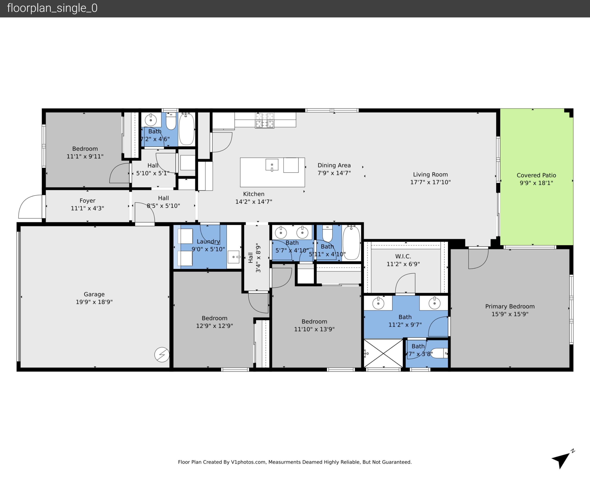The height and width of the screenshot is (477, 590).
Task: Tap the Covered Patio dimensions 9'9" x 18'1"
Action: [x=536, y=183]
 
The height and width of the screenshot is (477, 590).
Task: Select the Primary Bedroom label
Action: [x=510, y=306]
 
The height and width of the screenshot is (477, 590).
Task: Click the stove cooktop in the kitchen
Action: [x=265, y=120]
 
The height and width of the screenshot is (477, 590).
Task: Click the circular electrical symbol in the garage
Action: [x=162, y=354]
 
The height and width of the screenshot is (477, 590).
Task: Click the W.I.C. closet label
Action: [x=403, y=256]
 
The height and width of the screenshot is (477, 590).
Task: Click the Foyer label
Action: [x=87, y=201]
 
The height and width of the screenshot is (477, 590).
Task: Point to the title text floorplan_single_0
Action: [x=52, y=8]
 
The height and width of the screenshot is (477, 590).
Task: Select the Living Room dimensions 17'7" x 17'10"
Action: [x=430, y=182]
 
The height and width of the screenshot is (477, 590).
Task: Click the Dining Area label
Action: [x=334, y=165]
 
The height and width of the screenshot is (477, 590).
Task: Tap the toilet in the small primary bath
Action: [x=439, y=353]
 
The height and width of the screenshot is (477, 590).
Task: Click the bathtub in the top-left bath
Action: [x=187, y=129]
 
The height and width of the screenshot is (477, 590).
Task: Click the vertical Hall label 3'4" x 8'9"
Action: [x=254, y=258]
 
